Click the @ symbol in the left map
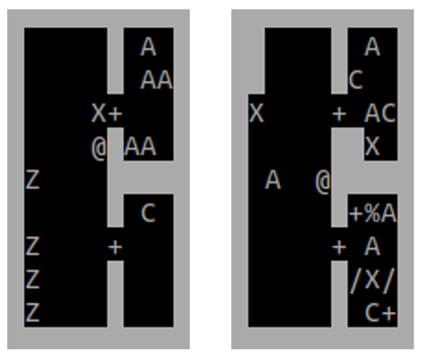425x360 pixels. pyautogui.click(x=98, y=148)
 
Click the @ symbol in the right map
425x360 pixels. pyautogui.click(x=323, y=182)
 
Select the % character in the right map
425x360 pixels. pyautogui.click(x=372, y=215)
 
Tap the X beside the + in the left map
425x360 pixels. pyautogui.click(x=98, y=114)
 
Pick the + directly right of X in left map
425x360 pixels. pyautogui.click(x=115, y=114)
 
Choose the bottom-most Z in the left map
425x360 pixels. pyautogui.click(x=32, y=313)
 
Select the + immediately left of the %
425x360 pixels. pyautogui.click(x=355, y=215)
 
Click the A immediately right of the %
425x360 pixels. pyautogui.click(x=389, y=215)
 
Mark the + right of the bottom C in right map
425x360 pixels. pyautogui.click(x=389, y=313)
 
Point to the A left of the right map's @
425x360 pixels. pyautogui.click(x=273, y=180)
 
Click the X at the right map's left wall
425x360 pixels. pyautogui.click(x=256, y=114)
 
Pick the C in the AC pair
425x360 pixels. pyautogui.click(x=389, y=114)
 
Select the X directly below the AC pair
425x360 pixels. pyautogui.click(x=372, y=148)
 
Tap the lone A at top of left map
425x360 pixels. pyautogui.click(x=148, y=48)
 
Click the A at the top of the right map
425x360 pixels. pyautogui.click(x=372, y=48)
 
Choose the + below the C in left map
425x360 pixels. pyautogui.click(x=115, y=248)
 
